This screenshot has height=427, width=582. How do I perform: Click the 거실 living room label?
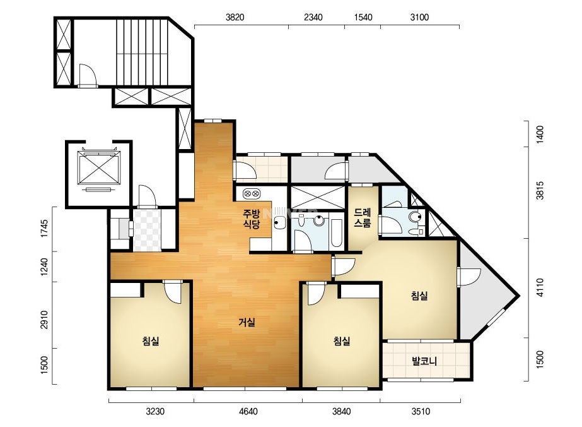pos(247,322)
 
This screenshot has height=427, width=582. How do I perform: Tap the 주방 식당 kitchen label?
pos(252,219)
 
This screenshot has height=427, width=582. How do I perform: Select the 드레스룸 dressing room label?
pos(363,217)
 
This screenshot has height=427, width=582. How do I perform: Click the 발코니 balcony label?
pos(424,361)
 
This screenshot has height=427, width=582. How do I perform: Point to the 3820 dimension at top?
pos(235,17)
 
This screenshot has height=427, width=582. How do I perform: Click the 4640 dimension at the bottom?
pos(248,411)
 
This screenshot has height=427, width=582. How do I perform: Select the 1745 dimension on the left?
pos(44,229)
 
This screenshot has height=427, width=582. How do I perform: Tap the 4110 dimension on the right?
pos(540,287)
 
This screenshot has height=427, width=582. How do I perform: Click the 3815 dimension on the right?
pos(540,190)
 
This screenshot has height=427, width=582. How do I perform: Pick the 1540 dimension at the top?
pos(363,17)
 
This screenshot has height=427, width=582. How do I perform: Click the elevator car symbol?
pos(99,169)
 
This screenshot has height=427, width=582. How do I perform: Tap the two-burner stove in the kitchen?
pos(252,193)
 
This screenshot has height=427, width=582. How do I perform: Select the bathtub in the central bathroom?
pos(337,233)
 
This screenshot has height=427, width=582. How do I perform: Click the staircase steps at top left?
pos(143,52)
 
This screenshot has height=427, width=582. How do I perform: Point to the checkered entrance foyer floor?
pos(147,230)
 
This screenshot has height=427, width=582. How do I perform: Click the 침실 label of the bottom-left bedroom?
pos(151,340)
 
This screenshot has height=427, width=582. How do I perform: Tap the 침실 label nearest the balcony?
pos(419,296)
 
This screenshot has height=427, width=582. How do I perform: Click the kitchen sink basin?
pos(279,223)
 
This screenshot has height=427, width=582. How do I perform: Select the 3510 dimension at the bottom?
pos(421,411)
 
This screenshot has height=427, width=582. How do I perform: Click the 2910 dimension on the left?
pos(44,320)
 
